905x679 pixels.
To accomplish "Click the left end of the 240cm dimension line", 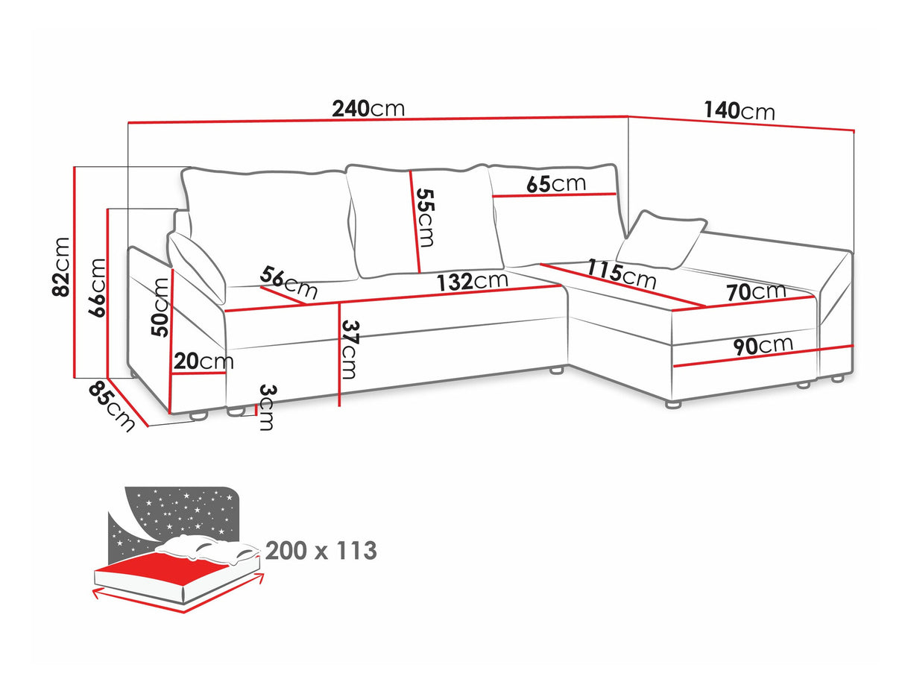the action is point(128,122).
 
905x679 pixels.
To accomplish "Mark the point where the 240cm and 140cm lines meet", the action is point(628,116).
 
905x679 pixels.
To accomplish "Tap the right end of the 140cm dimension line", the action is point(854,131).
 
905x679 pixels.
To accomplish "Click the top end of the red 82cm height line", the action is point(75,167).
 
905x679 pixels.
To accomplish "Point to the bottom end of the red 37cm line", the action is point(339,406).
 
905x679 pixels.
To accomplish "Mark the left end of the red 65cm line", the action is point(493,197).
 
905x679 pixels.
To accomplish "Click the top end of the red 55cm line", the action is point(410,171).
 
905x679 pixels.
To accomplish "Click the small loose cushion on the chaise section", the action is point(661,240).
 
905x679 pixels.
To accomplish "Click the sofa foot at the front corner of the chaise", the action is point(673,404).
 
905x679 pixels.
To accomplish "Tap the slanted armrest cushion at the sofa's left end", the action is point(196,268).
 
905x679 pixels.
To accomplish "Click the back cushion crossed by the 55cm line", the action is point(425,221).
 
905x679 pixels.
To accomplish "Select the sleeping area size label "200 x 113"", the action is point(321,551).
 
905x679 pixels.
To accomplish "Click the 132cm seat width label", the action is point(472,282).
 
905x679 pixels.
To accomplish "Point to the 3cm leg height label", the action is point(267,407).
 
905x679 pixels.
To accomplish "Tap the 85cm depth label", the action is point(112,406).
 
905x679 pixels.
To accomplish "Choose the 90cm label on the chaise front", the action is point(763,346).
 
